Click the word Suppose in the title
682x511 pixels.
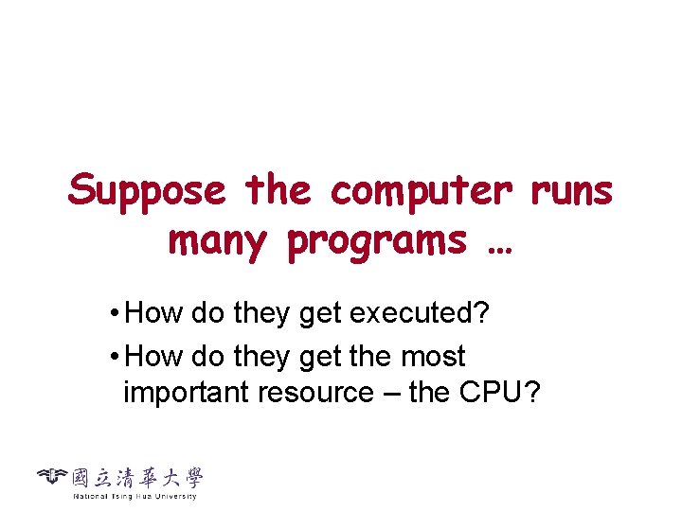coord(147,192)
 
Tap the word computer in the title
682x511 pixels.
coord(421,192)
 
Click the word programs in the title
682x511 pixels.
coord(378,242)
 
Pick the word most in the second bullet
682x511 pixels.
coord(433,357)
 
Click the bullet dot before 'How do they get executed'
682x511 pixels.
coord(113,314)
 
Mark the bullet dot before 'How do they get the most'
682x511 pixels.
coord(113,358)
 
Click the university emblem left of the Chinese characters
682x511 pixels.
coord(53,478)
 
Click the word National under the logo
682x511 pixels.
coord(91,496)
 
